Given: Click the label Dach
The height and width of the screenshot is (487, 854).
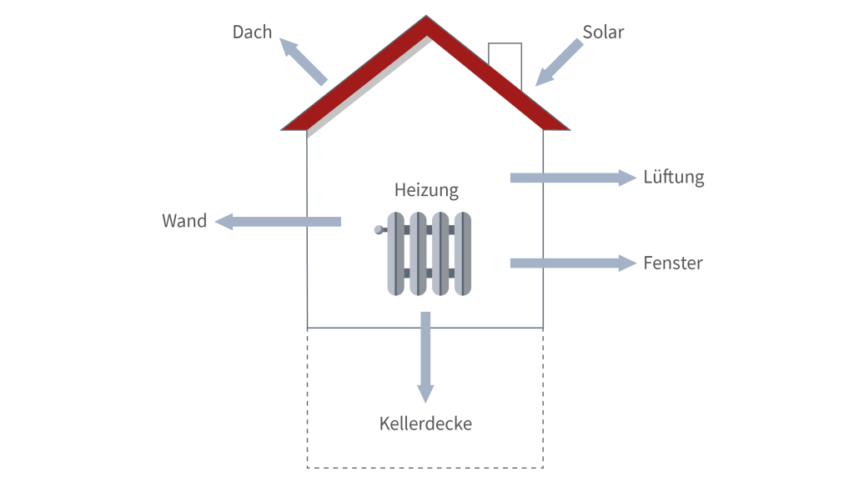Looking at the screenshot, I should point(252,33).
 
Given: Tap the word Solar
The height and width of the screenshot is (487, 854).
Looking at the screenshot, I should point(603,33).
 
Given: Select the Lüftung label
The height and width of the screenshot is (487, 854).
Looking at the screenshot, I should point(673,178).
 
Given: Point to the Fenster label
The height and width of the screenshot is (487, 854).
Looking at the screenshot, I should point(673,264).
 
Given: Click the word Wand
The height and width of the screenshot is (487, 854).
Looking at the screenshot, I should point(184,222).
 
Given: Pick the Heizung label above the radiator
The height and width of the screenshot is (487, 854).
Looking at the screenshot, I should point(426,191).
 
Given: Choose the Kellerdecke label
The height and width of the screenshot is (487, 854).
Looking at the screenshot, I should point(425,424).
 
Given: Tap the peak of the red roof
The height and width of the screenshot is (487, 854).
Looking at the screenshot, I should point(426,19).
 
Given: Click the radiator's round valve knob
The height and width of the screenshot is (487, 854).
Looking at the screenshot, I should point(379,229).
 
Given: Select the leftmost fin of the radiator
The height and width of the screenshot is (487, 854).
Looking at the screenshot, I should point(396,254).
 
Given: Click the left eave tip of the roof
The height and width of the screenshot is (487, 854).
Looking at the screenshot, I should point(284,128).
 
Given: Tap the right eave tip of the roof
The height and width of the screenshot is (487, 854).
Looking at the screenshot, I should point(568,128).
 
